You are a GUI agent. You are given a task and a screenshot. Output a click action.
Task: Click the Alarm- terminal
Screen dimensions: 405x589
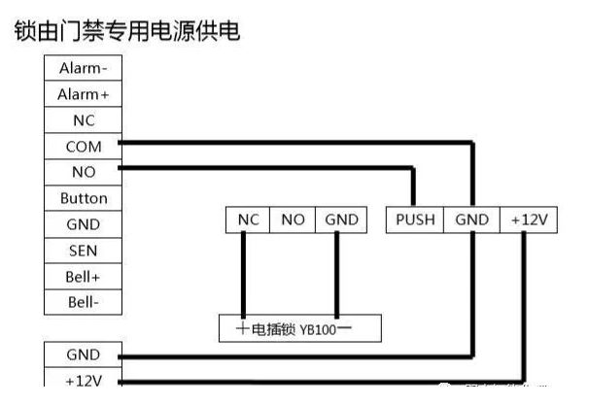click(x=84, y=68)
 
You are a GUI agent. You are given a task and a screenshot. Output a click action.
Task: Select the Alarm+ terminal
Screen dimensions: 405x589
click(x=84, y=94)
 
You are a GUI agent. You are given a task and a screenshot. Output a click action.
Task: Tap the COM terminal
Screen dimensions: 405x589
click(x=84, y=147)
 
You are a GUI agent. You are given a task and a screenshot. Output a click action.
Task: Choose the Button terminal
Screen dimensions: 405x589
click(x=84, y=198)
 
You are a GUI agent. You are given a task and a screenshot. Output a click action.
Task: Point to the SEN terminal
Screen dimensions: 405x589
click(x=84, y=251)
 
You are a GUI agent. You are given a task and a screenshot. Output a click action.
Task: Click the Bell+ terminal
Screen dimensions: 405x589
click(x=84, y=277)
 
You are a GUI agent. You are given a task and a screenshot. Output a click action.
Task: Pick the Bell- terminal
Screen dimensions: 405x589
click(x=84, y=302)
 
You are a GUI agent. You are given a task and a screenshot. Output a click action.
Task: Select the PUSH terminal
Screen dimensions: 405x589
click(x=415, y=220)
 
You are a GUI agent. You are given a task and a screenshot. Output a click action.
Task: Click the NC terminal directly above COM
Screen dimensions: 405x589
click(x=84, y=120)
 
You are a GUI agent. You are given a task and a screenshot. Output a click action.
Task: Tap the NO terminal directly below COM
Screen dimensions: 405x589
click(x=84, y=172)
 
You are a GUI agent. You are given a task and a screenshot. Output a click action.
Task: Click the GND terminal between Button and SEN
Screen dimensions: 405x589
click(x=84, y=224)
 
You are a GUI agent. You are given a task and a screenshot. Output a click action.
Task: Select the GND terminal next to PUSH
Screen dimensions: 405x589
click(x=471, y=220)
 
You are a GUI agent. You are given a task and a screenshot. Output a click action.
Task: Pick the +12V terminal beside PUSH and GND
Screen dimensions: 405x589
click(x=529, y=220)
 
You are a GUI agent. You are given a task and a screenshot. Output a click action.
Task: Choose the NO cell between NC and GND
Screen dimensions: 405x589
click(x=293, y=220)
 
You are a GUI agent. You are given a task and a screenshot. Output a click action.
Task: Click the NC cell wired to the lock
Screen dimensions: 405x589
click(x=247, y=220)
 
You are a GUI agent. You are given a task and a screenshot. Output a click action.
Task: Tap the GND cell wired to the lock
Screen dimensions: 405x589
click(x=341, y=220)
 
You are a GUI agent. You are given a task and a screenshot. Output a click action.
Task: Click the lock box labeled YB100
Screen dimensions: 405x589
click(x=298, y=328)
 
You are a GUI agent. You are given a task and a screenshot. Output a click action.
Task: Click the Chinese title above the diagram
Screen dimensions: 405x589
click(x=126, y=31)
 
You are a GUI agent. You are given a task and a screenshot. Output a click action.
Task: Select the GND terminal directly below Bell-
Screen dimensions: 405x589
click(x=84, y=354)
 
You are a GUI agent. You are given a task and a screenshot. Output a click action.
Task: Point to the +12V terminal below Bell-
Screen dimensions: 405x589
click(x=84, y=380)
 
